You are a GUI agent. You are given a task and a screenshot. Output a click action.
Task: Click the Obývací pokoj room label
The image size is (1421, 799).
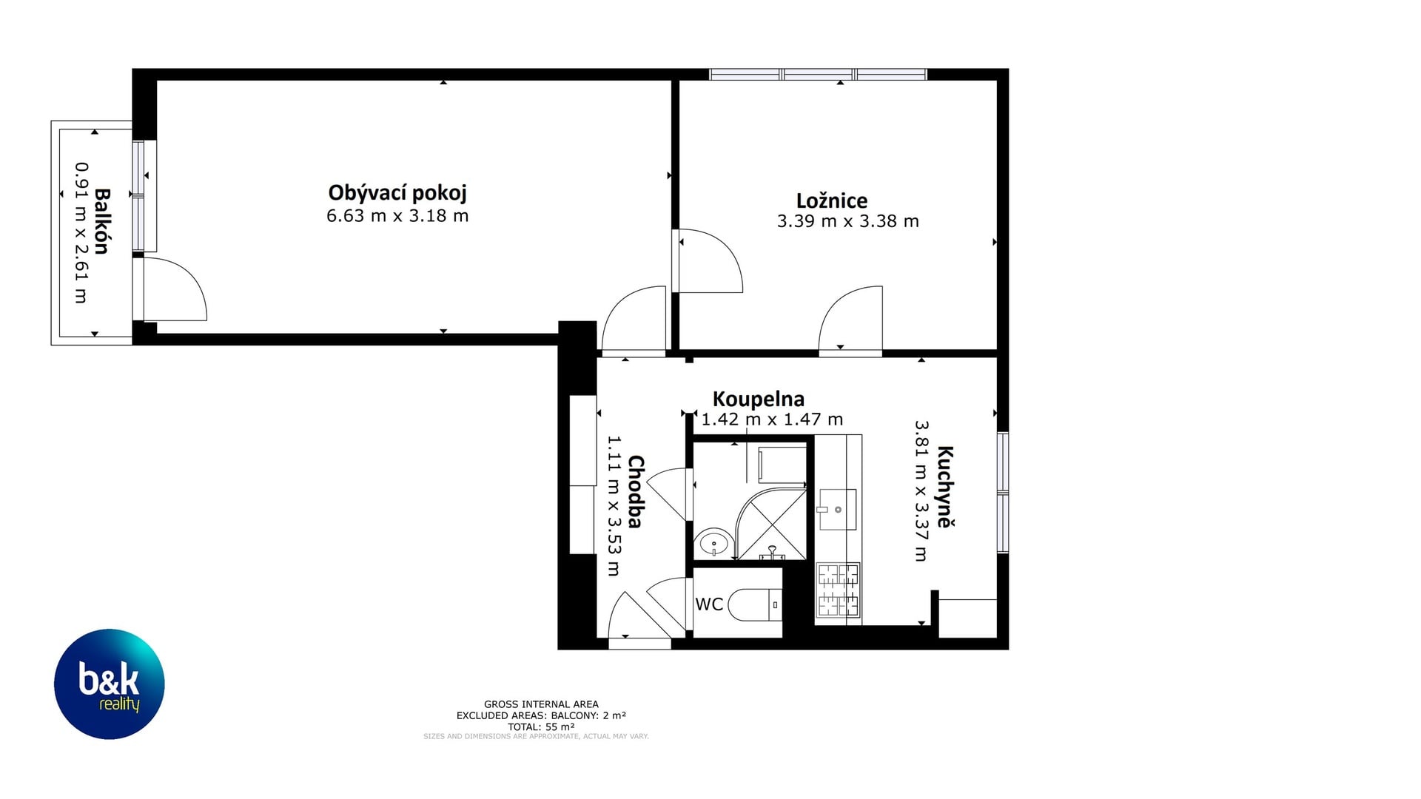click(x=397, y=193)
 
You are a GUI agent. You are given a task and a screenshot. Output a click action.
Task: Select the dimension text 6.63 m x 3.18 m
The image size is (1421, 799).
click(x=397, y=216)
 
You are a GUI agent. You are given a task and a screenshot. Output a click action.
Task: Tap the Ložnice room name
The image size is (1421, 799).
click(x=832, y=200)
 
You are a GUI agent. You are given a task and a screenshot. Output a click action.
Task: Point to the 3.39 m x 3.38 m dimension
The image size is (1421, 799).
click(x=848, y=221)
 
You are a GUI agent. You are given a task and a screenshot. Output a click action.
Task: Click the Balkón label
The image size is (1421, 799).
click(x=102, y=221)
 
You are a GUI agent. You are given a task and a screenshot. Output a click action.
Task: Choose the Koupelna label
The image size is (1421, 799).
click(x=758, y=399)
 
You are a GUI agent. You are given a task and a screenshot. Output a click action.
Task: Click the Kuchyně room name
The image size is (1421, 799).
click(x=945, y=486)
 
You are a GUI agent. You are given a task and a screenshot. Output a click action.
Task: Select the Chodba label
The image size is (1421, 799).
click(x=636, y=491)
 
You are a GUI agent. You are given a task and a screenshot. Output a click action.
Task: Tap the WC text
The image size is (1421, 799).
click(x=709, y=604)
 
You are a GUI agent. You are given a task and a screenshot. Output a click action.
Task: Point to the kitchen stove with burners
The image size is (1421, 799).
click(x=838, y=590)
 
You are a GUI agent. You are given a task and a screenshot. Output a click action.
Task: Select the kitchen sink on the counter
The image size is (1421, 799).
click(x=838, y=509)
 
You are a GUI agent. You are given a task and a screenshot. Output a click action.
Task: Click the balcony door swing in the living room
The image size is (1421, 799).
click(x=175, y=289)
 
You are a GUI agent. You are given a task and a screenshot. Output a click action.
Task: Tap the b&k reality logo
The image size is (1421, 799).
click(x=110, y=684)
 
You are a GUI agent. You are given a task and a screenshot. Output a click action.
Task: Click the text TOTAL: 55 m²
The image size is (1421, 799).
click(x=541, y=727)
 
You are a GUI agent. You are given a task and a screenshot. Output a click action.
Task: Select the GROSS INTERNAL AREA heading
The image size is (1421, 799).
click(x=541, y=704)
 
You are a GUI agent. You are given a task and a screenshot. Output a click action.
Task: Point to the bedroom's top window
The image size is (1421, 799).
click(x=818, y=74)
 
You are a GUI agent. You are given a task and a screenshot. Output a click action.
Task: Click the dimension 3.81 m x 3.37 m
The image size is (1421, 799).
click(x=921, y=491)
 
